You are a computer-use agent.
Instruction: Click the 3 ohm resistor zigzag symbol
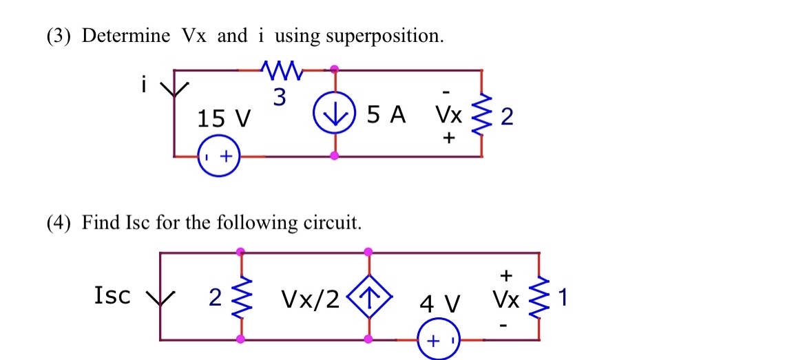click(280, 69)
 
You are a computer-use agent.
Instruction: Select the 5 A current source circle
click(335, 114)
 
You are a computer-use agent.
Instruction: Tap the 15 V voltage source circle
click(219, 157)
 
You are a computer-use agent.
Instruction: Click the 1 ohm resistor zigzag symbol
click(539, 298)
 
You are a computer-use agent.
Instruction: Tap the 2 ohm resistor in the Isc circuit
click(240, 298)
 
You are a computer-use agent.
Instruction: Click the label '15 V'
click(223, 120)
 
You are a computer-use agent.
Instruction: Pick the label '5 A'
click(386, 115)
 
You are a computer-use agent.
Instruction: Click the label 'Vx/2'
click(310, 299)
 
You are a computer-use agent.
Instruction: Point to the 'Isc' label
click(112, 295)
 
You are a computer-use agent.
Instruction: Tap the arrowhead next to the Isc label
click(160, 299)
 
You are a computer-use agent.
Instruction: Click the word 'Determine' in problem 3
click(126, 36)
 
